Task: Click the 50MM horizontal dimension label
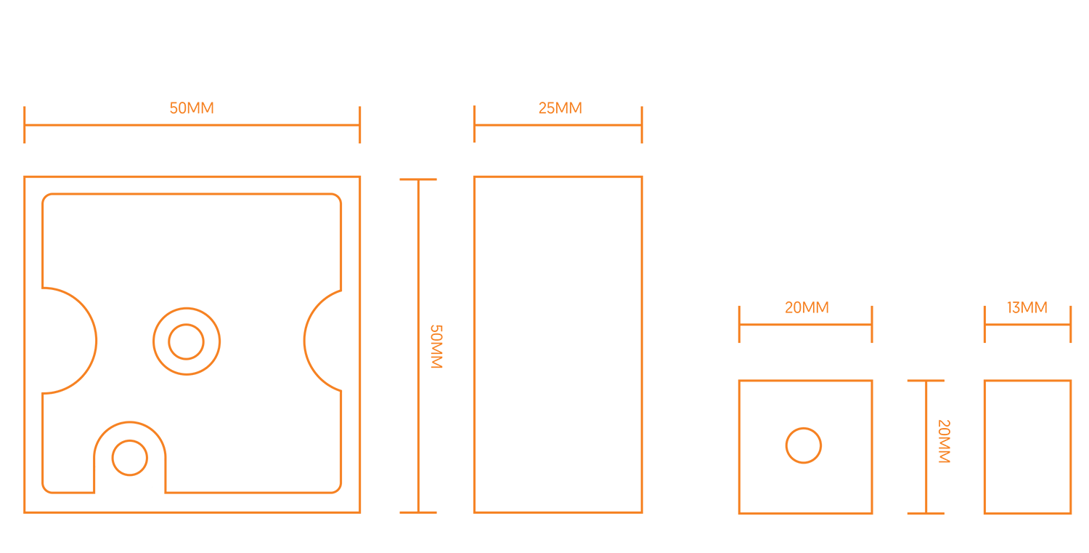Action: [192, 108]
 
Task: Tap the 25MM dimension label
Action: [560, 108]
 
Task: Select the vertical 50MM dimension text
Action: [436, 347]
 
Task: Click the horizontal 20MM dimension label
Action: [807, 307]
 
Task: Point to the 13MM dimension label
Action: [1027, 307]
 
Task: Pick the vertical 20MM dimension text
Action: [943, 441]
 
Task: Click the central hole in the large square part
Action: [187, 342]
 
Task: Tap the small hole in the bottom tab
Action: [130, 458]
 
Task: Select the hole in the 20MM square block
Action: [804, 445]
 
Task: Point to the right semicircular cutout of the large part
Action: [322, 341]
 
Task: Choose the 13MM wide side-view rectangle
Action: [1027, 447]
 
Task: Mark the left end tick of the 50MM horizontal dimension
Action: [25, 124]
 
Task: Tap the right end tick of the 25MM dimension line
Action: [642, 124]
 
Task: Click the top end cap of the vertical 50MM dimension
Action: [418, 179]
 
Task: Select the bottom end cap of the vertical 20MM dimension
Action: [926, 513]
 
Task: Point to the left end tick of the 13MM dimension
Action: [984, 324]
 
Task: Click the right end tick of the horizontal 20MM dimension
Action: [871, 324]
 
